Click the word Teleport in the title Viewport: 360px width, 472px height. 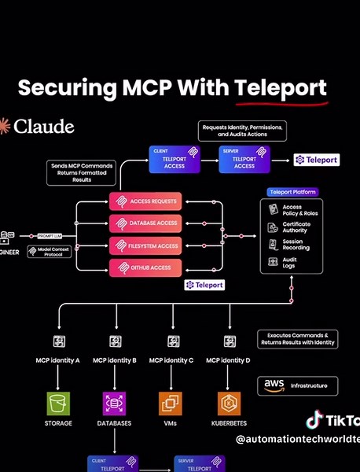280,87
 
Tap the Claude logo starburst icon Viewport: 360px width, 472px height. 5,126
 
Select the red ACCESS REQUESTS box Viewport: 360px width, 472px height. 145,201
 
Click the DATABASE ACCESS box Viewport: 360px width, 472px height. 145,223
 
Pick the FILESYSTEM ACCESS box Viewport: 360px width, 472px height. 145,245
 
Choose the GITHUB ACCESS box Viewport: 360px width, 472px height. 145,267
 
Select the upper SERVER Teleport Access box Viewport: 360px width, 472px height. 244,160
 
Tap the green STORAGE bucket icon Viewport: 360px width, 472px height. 59,404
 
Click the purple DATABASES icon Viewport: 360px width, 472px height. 115,404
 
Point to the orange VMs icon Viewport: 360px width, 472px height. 171,404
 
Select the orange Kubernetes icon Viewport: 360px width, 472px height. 229,404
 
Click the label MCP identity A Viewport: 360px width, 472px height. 59,360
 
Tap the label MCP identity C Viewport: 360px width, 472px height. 171,360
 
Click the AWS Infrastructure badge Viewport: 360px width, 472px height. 297,385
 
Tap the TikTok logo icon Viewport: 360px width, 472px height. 314,419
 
